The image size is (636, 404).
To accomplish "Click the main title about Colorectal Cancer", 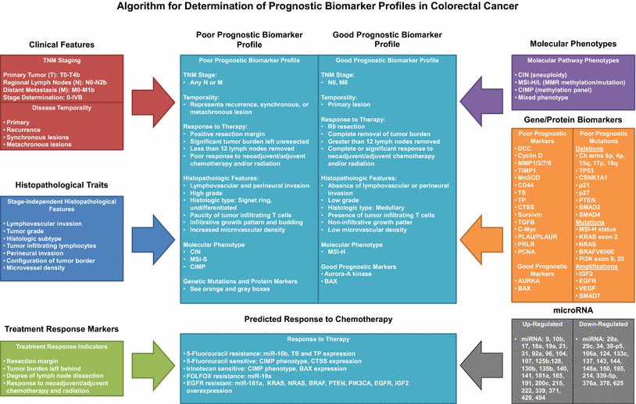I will click(318, 7).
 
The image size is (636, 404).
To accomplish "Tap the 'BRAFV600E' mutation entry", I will click(597, 252).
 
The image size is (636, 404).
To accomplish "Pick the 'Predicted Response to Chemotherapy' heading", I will click(318, 319).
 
